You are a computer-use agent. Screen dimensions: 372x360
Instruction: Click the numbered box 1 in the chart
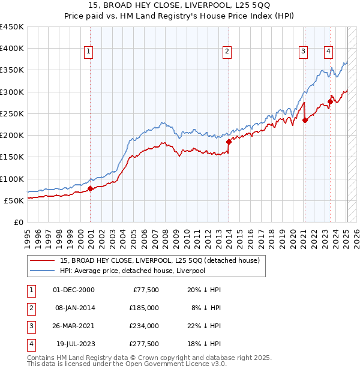[x=88, y=52]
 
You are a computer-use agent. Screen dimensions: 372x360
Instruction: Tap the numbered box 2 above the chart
[x=227, y=52]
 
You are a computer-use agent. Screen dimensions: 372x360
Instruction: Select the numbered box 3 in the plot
[x=304, y=52]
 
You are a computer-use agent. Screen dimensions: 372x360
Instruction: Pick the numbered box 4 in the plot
[x=329, y=52]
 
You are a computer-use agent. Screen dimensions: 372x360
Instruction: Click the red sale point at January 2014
[x=229, y=142]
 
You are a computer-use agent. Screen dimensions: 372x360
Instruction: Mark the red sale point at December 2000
[x=90, y=188]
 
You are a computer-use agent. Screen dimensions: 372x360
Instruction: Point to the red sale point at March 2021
[x=305, y=120]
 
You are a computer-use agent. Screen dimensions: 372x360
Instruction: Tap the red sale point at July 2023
[x=330, y=101]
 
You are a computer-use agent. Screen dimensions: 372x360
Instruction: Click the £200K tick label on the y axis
[x=12, y=136]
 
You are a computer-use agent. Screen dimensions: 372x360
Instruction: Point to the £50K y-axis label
[x=14, y=200]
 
